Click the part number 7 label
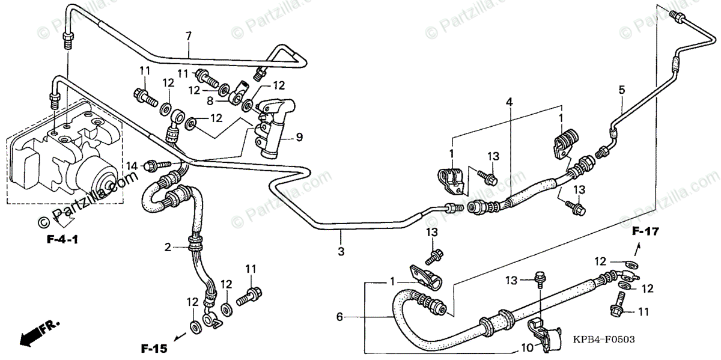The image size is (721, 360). (x=189, y=36)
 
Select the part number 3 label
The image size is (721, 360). (x=341, y=251)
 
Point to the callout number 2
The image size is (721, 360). (x=168, y=247)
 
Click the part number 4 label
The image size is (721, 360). (x=510, y=103)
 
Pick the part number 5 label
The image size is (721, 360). (x=622, y=90)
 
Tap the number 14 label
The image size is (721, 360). (x=132, y=165)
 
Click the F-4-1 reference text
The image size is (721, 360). (x=64, y=240)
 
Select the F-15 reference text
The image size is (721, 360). (x=153, y=348)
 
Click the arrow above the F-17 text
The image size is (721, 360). (x=639, y=248)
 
